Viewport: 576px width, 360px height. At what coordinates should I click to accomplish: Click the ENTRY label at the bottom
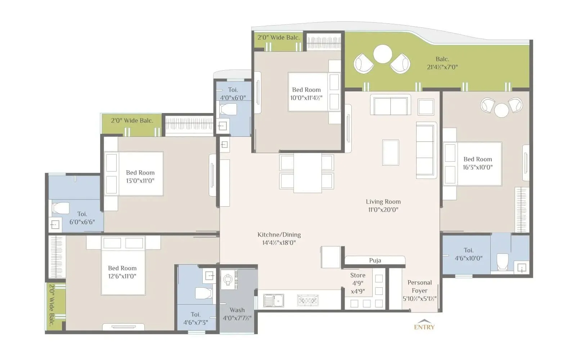point(424,327)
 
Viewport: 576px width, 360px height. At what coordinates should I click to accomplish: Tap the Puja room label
point(375,260)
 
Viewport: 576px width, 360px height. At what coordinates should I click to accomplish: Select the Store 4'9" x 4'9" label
point(357,283)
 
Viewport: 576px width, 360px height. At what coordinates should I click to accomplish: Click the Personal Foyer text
point(419,290)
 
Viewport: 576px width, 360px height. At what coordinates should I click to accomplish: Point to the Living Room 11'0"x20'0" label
point(383,206)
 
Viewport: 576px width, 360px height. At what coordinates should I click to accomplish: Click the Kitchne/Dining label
point(279,238)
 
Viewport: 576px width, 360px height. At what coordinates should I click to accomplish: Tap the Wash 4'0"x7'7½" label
point(237,314)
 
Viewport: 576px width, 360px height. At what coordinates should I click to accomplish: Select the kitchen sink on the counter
point(273,300)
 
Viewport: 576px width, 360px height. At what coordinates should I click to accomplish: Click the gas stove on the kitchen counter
point(308,300)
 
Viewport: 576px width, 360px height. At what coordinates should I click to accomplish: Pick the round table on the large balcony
point(382,54)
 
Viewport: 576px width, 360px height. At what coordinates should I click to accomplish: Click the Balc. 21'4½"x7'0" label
point(442,63)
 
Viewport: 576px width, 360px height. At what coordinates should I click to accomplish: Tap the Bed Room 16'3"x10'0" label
point(477,163)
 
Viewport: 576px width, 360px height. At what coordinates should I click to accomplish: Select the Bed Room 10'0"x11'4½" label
point(306,94)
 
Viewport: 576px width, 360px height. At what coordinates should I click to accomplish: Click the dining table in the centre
point(307,172)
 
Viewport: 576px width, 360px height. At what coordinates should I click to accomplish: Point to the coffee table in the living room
point(391,152)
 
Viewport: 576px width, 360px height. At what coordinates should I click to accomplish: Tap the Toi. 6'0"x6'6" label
point(82,218)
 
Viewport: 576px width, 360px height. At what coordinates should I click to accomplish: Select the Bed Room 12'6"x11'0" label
point(122,272)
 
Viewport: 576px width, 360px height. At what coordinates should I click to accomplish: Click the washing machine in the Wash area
point(228,279)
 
